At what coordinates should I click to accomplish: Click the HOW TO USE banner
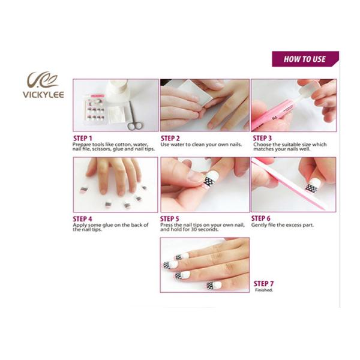pyautogui.click(x=305, y=59)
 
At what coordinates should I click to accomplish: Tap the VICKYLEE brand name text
pyautogui.click(x=43, y=95)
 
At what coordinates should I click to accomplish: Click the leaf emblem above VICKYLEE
pyautogui.click(x=43, y=80)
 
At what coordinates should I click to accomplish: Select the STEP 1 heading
pyautogui.click(x=83, y=138)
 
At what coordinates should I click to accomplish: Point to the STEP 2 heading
pyautogui.click(x=170, y=138)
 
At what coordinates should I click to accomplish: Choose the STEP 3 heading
pyautogui.click(x=262, y=138)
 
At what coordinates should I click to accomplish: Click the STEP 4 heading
pyautogui.click(x=82, y=219)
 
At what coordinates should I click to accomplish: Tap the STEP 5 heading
pyautogui.click(x=169, y=218)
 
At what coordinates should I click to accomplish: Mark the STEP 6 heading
pyautogui.click(x=261, y=218)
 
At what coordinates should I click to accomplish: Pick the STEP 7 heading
pyautogui.click(x=263, y=284)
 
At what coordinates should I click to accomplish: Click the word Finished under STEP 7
pyautogui.click(x=264, y=290)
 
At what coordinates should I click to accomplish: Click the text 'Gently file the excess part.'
pyautogui.click(x=283, y=225)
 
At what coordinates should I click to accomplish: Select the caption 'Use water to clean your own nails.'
pyautogui.click(x=201, y=145)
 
